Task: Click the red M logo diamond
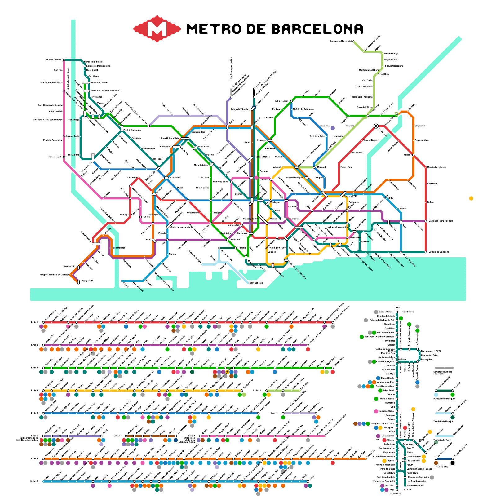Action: [157, 29]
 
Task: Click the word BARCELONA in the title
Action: [317, 29]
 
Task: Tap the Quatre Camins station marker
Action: [64, 60]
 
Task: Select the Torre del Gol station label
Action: [55, 157]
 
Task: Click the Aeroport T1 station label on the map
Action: [87, 281]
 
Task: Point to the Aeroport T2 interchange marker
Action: [78, 267]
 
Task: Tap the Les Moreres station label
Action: [119, 248]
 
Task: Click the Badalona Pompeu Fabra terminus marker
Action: [426, 221]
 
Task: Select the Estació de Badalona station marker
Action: [426, 252]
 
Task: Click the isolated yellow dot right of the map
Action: [471, 198]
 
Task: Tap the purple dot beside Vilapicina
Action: [333, 128]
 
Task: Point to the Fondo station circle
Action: [413, 155]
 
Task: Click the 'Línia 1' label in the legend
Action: [34, 322]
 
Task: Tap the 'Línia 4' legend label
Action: [34, 391]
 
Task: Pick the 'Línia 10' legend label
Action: [34, 481]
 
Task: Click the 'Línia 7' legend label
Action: [117, 436]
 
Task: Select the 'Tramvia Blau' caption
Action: [442, 467]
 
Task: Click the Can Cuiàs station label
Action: [367, 80]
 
